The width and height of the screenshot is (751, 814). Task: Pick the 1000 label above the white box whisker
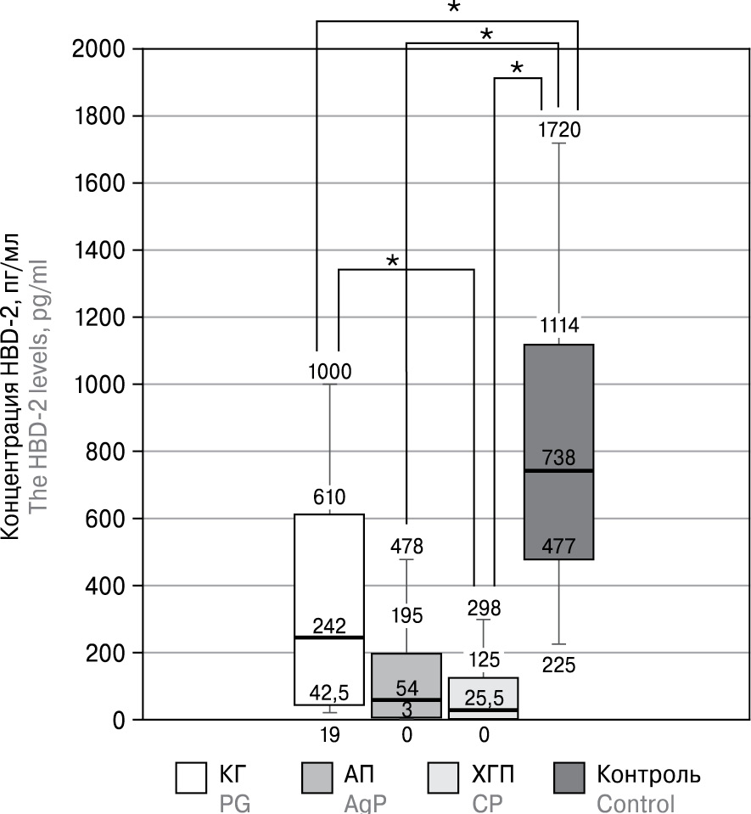click(x=329, y=371)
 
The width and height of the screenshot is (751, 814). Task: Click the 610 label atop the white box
click(x=329, y=497)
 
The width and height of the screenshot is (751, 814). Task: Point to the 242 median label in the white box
click(x=329, y=626)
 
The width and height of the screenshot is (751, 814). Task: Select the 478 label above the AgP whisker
click(x=406, y=546)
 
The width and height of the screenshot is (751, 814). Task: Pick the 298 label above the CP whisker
click(x=483, y=608)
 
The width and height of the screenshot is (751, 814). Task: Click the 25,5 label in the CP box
click(x=483, y=697)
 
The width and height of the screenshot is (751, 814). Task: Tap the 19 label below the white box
click(x=329, y=734)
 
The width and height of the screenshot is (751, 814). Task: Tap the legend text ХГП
click(x=491, y=775)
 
